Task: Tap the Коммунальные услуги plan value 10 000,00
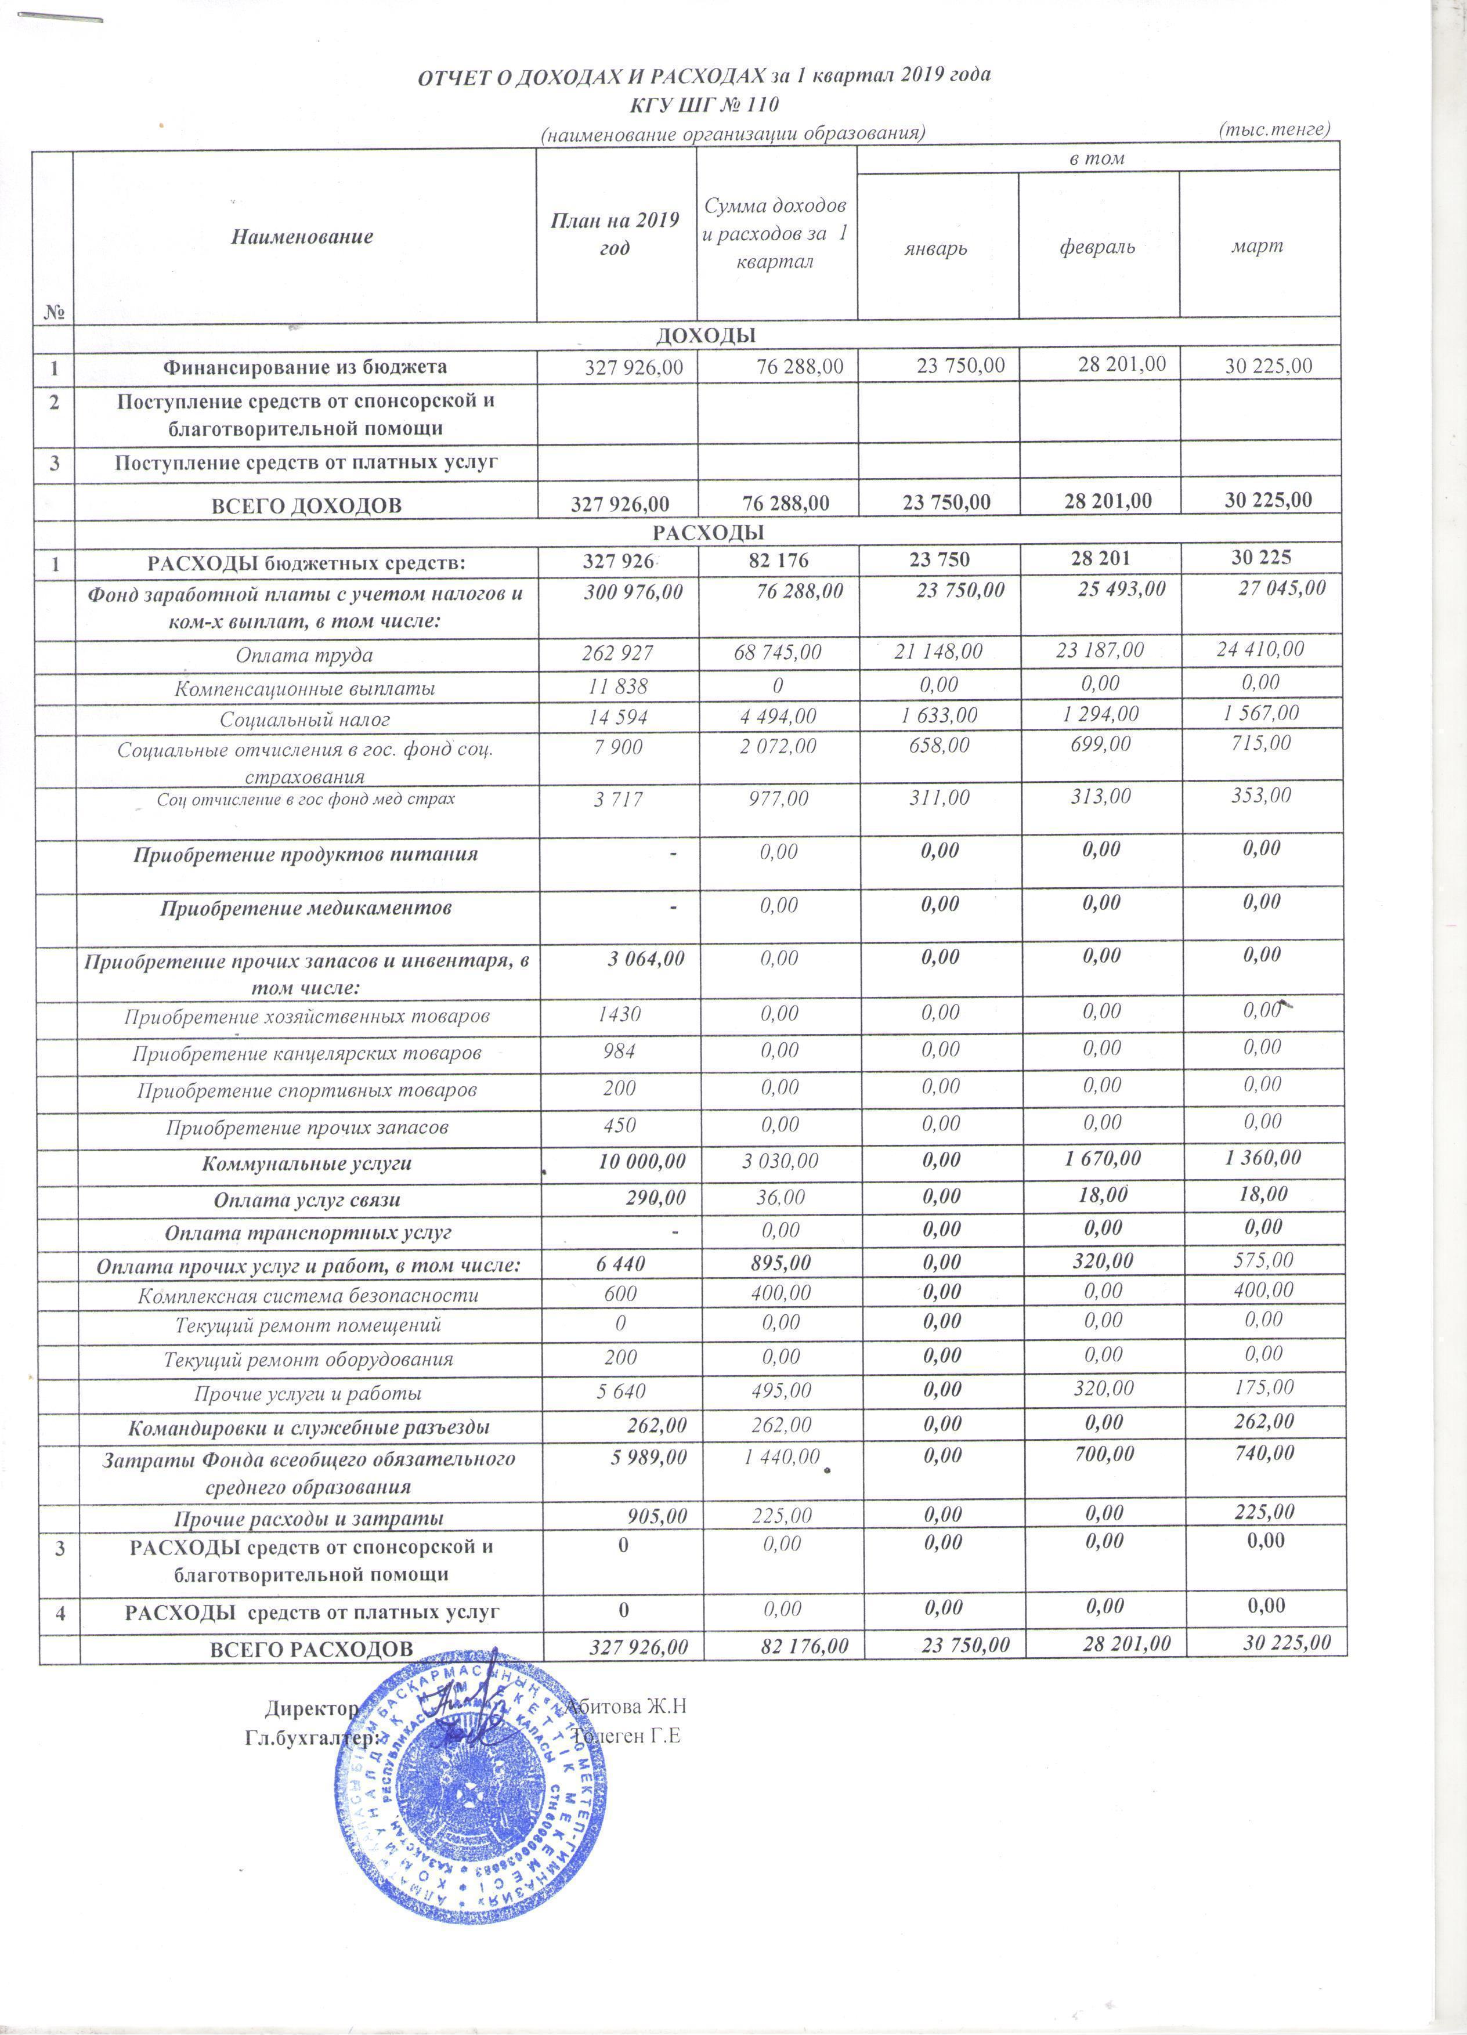tap(642, 1161)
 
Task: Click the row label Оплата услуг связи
tap(307, 1199)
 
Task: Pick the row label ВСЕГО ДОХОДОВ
tap(306, 505)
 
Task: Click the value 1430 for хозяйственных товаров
tap(619, 1015)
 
